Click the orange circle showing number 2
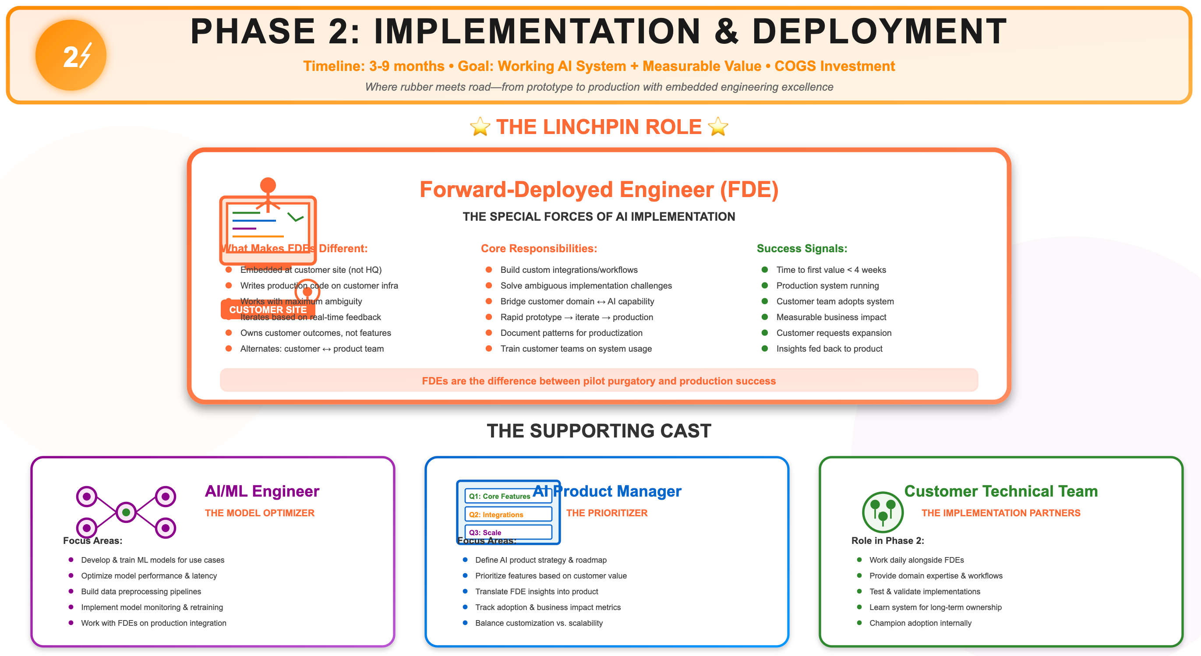(x=71, y=55)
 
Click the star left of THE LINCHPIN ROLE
(x=480, y=127)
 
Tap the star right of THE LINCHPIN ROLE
(x=718, y=127)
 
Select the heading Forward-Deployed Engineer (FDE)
(x=599, y=190)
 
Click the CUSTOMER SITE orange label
(x=268, y=310)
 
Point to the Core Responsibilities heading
(x=538, y=248)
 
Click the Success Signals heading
(x=802, y=248)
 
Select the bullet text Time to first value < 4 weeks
(x=831, y=270)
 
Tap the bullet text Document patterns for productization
(x=571, y=333)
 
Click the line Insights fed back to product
(x=829, y=349)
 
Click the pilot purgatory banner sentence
(x=599, y=381)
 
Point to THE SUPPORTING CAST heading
(x=599, y=431)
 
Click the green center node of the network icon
(x=126, y=512)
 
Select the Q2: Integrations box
(x=508, y=514)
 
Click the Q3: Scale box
(x=508, y=533)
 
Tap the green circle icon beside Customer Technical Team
(x=883, y=512)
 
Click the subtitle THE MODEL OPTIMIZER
(x=260, y=513)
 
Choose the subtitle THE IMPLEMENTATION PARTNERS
(x=1000, y=513)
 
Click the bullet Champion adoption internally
(x=920, y=623)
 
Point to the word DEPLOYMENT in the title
(x=880, y=32)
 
